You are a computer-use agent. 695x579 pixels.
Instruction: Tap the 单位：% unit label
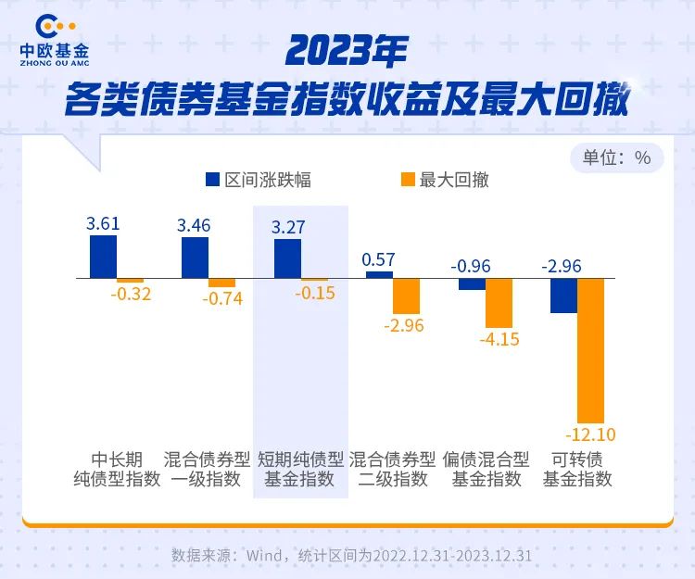616,157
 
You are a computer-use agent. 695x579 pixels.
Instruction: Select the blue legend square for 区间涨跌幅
212,180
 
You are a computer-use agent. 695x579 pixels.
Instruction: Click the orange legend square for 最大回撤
406,180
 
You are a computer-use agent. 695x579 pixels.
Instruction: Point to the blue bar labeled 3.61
103,257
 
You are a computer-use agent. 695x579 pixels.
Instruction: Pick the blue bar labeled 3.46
195,258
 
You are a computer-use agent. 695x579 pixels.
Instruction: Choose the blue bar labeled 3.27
287,258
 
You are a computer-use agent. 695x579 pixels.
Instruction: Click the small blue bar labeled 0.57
379,274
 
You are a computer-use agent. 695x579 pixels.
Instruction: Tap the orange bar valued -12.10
590,350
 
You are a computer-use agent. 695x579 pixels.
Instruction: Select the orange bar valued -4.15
499,303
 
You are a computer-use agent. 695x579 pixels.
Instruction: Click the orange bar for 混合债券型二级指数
406,296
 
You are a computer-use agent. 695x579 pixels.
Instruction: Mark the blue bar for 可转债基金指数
563,295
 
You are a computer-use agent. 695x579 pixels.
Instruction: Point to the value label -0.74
222,299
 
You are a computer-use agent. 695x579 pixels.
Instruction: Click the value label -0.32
131,295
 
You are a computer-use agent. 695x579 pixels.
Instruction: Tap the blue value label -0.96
471,267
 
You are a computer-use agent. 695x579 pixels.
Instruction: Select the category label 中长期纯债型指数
117,470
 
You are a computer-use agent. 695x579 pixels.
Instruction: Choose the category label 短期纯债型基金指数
300,470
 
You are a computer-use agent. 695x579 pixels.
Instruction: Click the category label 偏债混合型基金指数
486,470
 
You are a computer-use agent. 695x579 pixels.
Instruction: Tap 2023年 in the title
347,52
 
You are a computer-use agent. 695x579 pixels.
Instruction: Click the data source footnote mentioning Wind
351,556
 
